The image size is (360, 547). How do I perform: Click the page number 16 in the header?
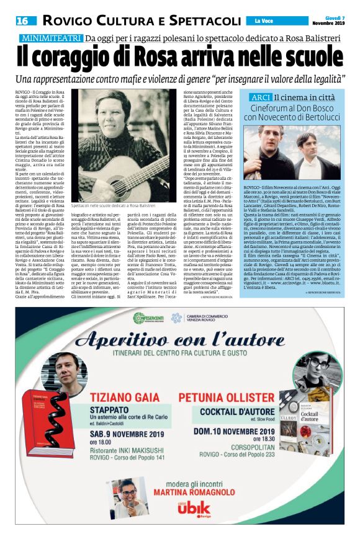21,20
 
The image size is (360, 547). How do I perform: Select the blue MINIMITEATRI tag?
51,38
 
